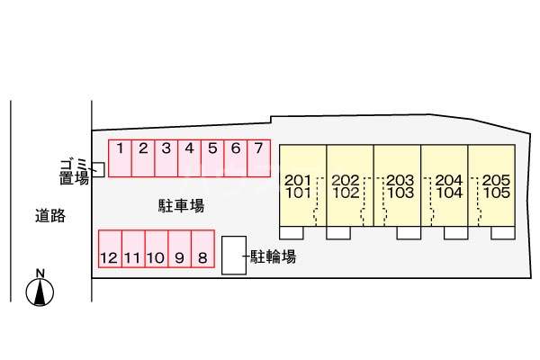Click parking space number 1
120,157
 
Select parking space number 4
189,157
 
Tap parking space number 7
258,157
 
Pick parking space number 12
109,249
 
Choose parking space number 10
155,249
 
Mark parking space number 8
202,249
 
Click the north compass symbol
40,289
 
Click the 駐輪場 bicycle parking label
274,256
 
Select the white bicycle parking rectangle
233,256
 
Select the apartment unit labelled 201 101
301,185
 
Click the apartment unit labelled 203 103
397,185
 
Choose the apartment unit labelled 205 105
491,185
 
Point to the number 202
345,179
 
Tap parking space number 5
212,157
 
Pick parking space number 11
132,249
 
